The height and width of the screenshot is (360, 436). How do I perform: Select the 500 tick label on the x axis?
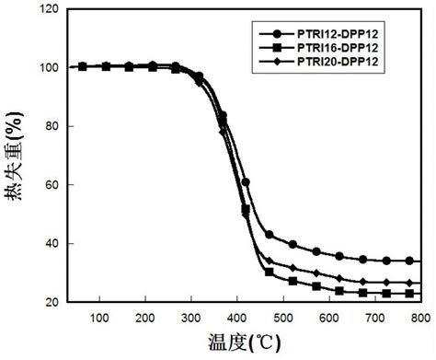click(282, 317)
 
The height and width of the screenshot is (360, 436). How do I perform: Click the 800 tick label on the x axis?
click(419, 317)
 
